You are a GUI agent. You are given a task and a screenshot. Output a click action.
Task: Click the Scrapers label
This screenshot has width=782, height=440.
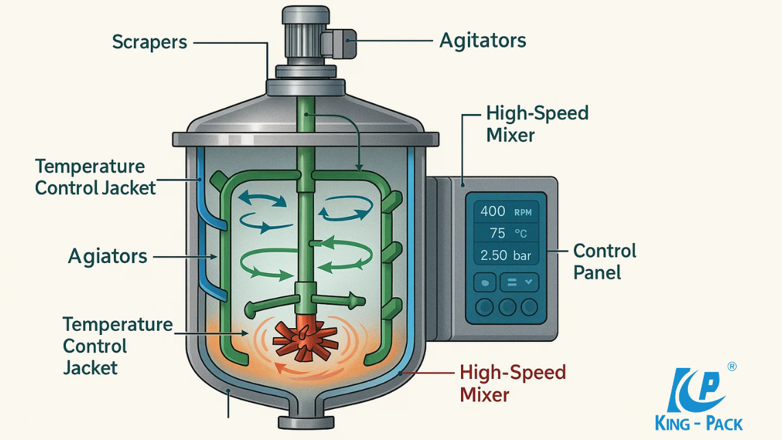[x=150, y=42]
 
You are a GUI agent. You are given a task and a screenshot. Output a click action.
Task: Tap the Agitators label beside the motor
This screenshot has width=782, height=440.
[x=482, y=40]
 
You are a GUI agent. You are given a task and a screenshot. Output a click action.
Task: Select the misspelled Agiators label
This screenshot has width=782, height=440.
[x=108, y=257]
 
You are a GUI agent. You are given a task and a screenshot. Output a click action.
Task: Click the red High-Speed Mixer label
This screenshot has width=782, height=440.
[x=512, y=384]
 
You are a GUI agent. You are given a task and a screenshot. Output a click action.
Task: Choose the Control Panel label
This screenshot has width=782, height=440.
[x=604, y=261]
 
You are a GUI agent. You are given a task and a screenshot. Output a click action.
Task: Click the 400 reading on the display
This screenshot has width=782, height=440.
[x=493, y=211]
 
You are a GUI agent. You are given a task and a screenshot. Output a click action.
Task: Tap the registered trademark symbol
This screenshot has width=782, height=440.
[x=732, y=367]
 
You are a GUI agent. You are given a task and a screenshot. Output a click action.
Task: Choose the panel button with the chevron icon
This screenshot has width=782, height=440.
[x=519, y=282]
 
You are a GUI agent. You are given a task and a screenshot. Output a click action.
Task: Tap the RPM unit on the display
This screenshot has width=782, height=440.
[x=522, y=212]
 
